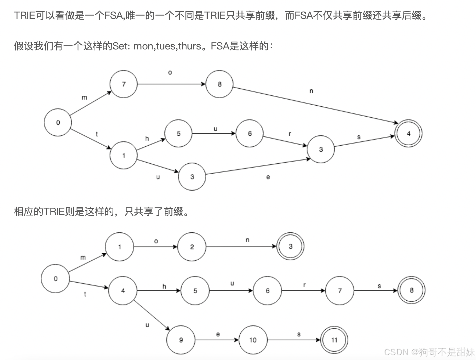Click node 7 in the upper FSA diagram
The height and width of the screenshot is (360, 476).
[x=124, y=84]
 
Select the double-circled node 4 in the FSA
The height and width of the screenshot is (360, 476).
[x=408, y=133]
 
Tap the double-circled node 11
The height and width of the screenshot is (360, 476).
[x=334, y=340]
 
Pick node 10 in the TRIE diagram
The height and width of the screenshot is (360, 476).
[x=253, y=340]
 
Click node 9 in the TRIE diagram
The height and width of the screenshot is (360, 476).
[x=181, y=340]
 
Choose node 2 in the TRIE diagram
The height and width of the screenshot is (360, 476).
[x=192, y=247]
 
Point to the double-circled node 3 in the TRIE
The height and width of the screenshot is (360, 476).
[x=290, y=246]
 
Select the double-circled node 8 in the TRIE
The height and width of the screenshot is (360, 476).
[x=411, y=290]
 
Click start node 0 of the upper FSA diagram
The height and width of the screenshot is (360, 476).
[x=58, y=123]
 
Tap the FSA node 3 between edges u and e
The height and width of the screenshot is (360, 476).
[x=192, y=177]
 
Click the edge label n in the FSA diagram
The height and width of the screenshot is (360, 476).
[x=311, y=91]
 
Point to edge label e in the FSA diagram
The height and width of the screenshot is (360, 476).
[x=268, y=177]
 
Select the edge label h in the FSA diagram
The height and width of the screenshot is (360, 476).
[x=147, y=138]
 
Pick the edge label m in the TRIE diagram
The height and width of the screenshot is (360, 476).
[x=83, y=258]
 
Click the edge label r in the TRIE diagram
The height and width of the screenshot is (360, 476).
[x=304, y=285]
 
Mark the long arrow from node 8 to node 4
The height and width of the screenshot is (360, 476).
[x=314, y=105]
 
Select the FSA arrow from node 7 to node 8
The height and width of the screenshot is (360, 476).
[x=171, y=84]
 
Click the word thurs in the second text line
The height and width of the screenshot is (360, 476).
[x=190, y=46]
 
